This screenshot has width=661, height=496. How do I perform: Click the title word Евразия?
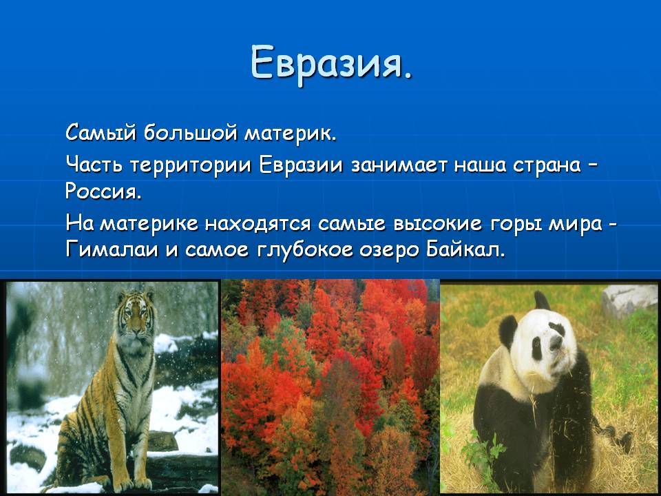(x=331, y=63)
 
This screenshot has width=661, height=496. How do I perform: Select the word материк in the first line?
(x=291, y=134)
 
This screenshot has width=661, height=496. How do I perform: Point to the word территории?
(x=190, y=165)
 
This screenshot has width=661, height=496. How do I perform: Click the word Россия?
(x=103, y=192)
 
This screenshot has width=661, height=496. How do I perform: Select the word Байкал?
(x=465, y=249)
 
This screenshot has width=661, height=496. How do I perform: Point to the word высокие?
(x=437, y=223)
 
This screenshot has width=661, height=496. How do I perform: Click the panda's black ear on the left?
(x=508, y=331)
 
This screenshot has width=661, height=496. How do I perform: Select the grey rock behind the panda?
(x=629, y=300)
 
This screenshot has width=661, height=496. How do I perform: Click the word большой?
(x=191, y=133)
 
